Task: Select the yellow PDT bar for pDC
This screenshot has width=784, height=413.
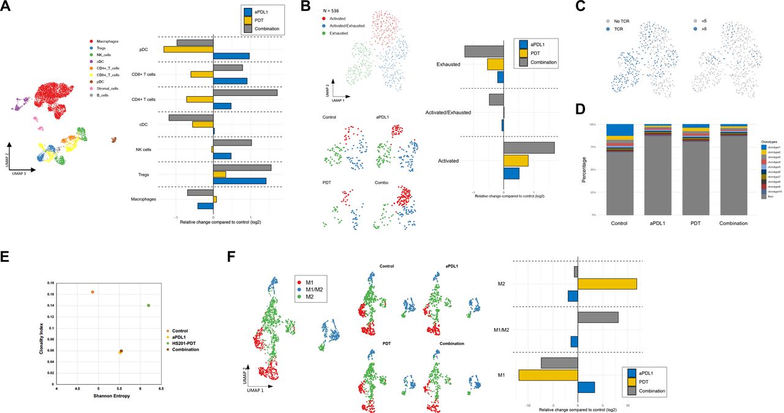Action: coord(188,49)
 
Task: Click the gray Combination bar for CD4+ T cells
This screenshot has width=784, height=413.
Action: coord(245,92)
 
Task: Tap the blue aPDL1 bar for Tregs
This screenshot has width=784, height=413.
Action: coord(239,181)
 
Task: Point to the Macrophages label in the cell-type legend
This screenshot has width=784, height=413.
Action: coord(108,41)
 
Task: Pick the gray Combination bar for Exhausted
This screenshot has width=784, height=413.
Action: coord(484,51)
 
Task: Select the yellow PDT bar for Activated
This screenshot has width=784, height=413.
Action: coord(515,160)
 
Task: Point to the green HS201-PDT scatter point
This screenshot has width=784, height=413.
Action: coord(149,305)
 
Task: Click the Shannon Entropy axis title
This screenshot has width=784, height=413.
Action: coord(108,396)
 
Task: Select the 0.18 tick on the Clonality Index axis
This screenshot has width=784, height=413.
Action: coord(51,283)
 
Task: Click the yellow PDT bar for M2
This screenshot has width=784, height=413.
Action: coord(607,284)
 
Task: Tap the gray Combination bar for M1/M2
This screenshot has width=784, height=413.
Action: coord(598,318)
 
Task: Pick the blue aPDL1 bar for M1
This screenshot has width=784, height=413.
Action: coord(586,387)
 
